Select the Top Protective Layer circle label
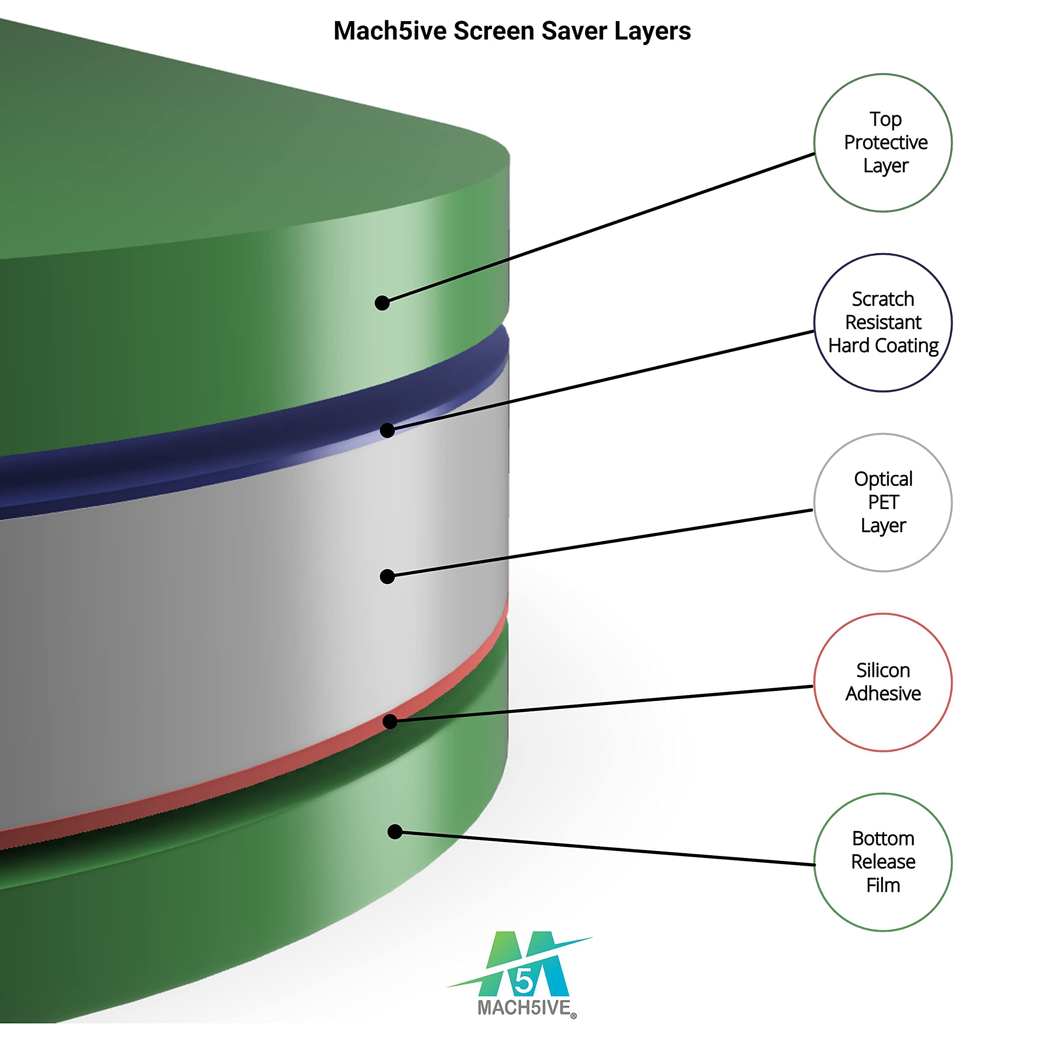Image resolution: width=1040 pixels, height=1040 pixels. click(883, 143)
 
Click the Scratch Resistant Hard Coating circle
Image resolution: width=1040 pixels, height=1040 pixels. click(883, 323)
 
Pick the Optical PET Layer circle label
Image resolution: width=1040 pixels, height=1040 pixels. click(883, 502)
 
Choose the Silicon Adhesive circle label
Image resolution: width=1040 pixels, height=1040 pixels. click(883, 682)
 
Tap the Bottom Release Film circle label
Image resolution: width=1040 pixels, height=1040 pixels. click(883, 862)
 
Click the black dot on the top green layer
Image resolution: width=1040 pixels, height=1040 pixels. click(382, 303)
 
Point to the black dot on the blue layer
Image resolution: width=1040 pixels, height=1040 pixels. click(388, 430)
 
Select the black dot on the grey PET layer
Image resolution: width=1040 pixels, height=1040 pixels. click(388, 576)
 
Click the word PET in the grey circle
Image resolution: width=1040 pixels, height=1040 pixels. click(883, 502)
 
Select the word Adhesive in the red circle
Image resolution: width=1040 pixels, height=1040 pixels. click(883, 694)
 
